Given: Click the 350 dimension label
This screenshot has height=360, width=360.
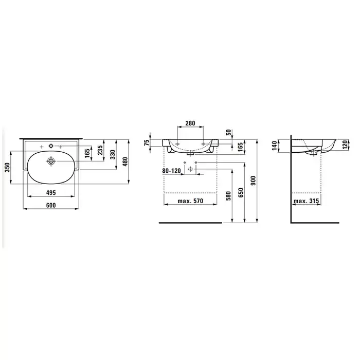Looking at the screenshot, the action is [7, 168].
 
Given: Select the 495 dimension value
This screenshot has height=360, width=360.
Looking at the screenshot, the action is [51, 193].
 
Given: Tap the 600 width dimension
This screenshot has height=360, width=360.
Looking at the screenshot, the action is [51, 205].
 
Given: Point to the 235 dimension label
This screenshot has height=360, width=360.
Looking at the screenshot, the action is [100, 150].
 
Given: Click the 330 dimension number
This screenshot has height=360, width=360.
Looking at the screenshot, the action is [113, 155].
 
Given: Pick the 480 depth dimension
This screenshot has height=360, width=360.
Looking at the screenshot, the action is [125, 161].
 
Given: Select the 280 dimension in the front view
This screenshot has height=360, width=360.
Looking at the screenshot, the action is [190, 123].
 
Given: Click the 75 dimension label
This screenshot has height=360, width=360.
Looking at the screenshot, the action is [147, 143].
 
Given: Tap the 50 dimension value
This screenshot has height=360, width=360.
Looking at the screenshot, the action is [228, 133].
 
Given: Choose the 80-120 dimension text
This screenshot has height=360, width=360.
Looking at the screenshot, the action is [171, 171].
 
